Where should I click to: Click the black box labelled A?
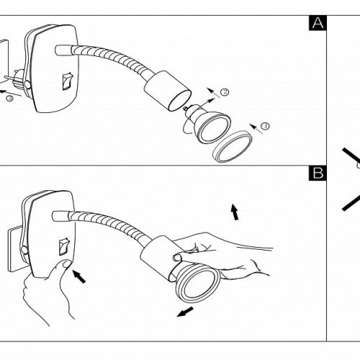318,23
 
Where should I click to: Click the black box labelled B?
318,173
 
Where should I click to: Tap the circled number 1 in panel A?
265,126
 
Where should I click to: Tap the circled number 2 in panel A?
225,92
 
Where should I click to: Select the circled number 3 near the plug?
9,98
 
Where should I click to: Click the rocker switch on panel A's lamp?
68,81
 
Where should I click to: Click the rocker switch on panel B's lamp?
64,246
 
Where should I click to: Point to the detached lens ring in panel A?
233,147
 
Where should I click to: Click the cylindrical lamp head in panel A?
168,91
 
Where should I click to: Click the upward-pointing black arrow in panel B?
235,212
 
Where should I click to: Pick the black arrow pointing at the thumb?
79,276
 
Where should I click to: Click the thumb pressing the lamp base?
63,266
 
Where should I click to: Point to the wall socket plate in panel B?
14,250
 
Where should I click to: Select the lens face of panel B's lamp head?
198,285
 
